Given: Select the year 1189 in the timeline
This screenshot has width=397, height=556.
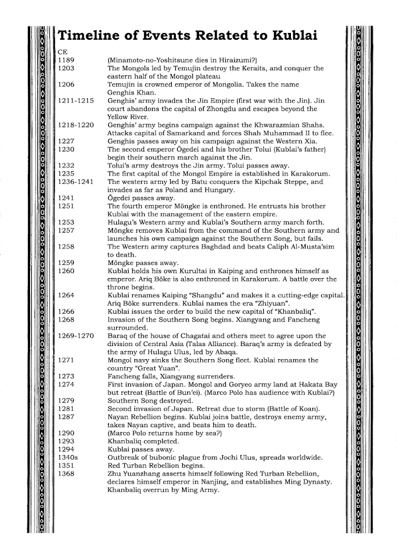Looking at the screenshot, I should [67, 59].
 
